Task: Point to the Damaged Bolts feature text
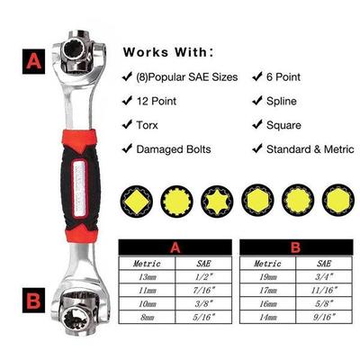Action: tap(172, 148)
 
